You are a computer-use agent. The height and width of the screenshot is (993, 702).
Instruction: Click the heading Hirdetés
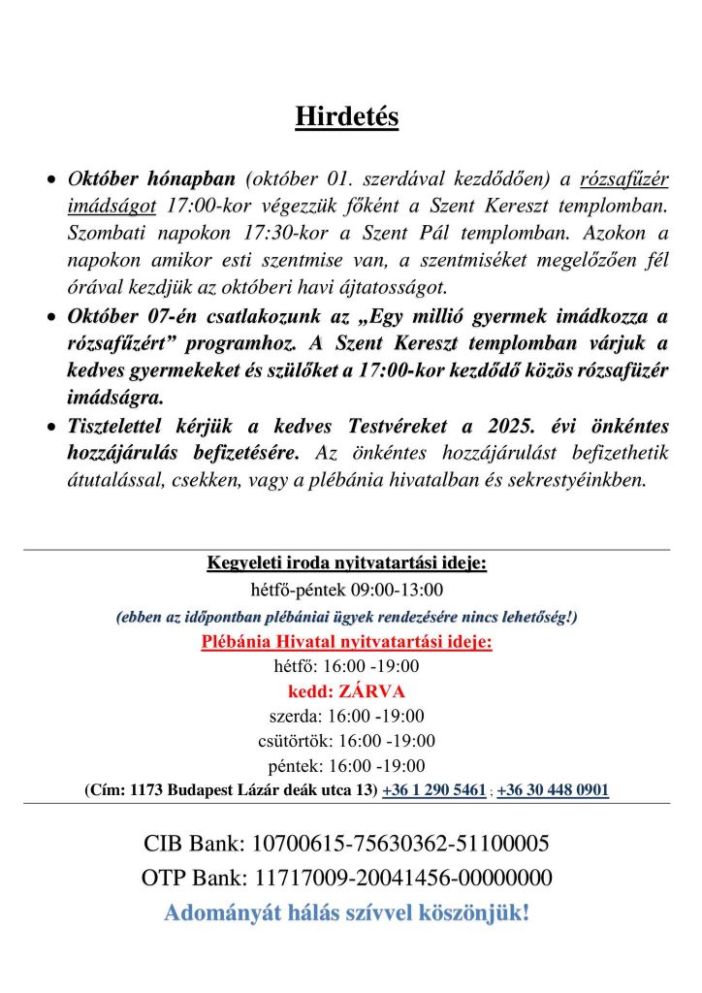pos(346,117)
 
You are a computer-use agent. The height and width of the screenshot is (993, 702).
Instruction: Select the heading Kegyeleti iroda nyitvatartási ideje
pos(346,563)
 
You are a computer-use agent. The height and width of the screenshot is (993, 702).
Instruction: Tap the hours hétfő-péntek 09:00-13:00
pos(346,590)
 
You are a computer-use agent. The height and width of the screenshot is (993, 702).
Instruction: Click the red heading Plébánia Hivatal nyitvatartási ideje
pos(346,642)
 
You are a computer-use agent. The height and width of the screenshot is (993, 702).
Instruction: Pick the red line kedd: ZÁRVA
pos(346,691)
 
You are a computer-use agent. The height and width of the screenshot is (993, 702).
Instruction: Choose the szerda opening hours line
pos(346,717)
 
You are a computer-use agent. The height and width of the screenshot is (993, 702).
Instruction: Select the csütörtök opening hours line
pos(346,741)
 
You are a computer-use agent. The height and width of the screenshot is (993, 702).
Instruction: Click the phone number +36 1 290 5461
pos(434,790)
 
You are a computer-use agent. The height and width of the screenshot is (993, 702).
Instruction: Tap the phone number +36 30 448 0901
pos(553,790)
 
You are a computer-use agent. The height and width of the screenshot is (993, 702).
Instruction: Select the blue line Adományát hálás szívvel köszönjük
pos(346,913)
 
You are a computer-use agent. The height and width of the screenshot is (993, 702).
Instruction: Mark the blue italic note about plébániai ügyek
pos(346,616)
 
